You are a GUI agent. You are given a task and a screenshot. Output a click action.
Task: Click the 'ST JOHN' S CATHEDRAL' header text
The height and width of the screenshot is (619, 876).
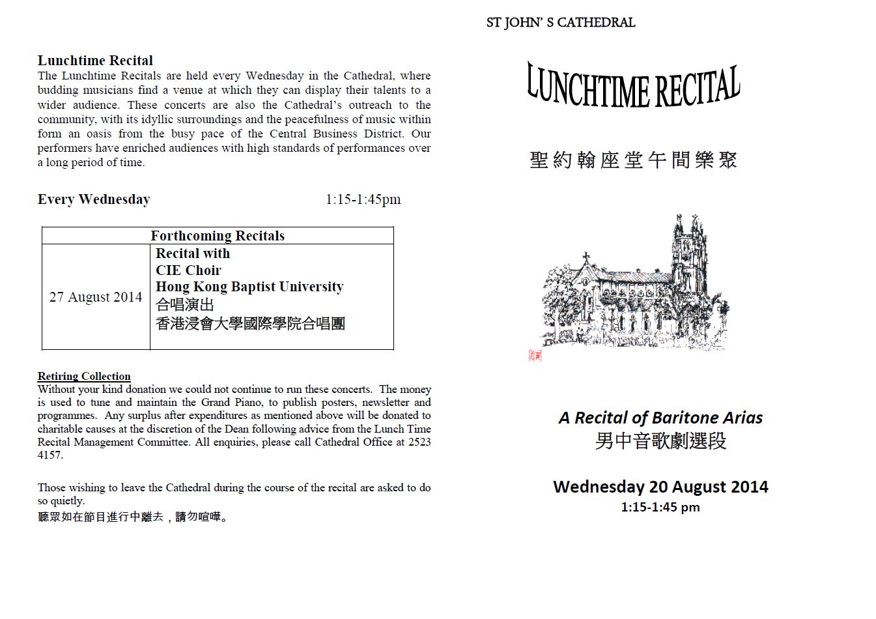560,23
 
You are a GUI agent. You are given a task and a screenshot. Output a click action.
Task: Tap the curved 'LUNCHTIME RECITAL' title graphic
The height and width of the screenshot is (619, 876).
633,87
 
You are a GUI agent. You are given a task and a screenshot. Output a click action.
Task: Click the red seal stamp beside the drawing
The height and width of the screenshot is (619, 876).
535,355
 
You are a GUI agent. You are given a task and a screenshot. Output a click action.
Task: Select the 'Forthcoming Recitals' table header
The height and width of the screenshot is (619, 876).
218,236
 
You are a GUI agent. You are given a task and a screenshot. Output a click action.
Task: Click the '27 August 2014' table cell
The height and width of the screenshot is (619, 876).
96,297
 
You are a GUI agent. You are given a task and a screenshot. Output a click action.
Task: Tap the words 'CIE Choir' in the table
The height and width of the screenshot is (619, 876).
188,270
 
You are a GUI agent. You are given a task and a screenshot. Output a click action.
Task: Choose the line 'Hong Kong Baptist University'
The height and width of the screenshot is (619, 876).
249,287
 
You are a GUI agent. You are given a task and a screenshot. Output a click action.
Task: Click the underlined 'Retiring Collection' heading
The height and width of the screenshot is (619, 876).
84,376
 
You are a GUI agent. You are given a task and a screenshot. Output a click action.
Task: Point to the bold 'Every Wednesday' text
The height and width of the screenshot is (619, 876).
94,199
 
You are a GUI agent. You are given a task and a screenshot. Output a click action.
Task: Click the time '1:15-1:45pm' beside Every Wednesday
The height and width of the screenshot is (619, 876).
363,199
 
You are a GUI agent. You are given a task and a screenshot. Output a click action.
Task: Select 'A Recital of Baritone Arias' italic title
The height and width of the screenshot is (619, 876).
660,418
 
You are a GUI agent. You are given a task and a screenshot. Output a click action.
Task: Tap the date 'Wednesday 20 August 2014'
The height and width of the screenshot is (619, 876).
660,487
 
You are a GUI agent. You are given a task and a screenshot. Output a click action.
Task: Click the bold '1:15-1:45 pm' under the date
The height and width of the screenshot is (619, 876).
660,507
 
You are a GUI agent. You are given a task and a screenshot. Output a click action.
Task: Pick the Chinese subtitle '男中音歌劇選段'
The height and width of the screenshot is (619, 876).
660,441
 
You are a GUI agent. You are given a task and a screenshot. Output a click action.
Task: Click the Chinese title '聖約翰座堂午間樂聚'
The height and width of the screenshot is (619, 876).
633,160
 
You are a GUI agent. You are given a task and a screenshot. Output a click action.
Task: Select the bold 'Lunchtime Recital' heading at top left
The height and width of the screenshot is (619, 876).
95,61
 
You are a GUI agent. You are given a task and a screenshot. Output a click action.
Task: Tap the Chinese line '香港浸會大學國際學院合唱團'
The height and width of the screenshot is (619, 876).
250,323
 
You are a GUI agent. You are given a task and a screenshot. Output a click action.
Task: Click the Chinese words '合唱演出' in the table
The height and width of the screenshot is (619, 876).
185,305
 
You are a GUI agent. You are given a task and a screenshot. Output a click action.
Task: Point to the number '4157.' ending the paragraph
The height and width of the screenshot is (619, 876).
50,455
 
